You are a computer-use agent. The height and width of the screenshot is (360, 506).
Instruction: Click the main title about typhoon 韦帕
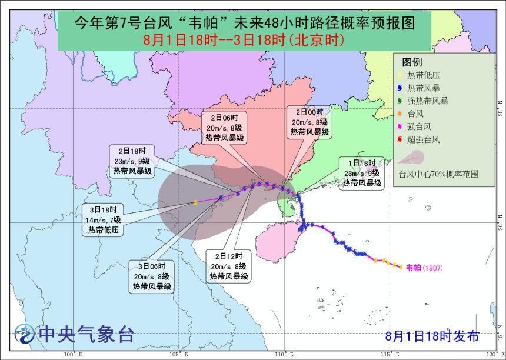[245, 23]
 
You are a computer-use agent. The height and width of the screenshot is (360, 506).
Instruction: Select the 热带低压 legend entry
[424, 75]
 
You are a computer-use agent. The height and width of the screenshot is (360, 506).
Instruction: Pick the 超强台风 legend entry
[424, 140]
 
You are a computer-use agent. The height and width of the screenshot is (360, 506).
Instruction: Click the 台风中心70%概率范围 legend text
[438, 175]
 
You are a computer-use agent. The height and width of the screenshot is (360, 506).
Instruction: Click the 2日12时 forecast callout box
[229, 266]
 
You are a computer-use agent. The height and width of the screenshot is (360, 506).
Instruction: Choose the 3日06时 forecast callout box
[152, 276]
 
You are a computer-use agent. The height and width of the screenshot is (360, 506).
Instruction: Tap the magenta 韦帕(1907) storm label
[424, 268]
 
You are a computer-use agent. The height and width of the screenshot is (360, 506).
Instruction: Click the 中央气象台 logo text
[86, 334]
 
